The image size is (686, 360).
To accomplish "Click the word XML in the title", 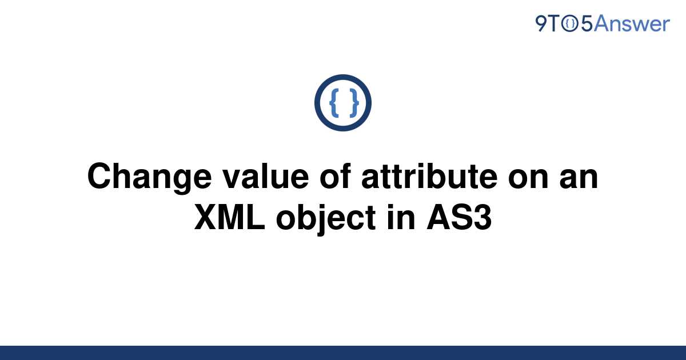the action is coord(230,217).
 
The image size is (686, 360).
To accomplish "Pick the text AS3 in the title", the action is coord(459,217).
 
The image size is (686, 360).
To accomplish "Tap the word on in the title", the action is coord(528,179).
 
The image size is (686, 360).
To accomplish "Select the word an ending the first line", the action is coord(579,179).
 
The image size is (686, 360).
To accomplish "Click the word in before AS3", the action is coord(401,217).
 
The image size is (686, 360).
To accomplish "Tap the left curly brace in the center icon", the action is coord(334,103).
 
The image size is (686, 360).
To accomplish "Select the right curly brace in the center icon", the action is coord(354,103).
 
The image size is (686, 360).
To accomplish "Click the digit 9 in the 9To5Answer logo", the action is coord(541,24).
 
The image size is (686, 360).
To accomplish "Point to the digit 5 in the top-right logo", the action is coord(587,24).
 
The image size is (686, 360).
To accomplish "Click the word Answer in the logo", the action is coord(632,23).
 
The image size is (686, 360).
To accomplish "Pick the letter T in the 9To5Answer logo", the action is coord(554,24).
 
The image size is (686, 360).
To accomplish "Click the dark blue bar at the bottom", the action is coord(343,353).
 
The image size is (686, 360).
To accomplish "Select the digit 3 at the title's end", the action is coord(483,217).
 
